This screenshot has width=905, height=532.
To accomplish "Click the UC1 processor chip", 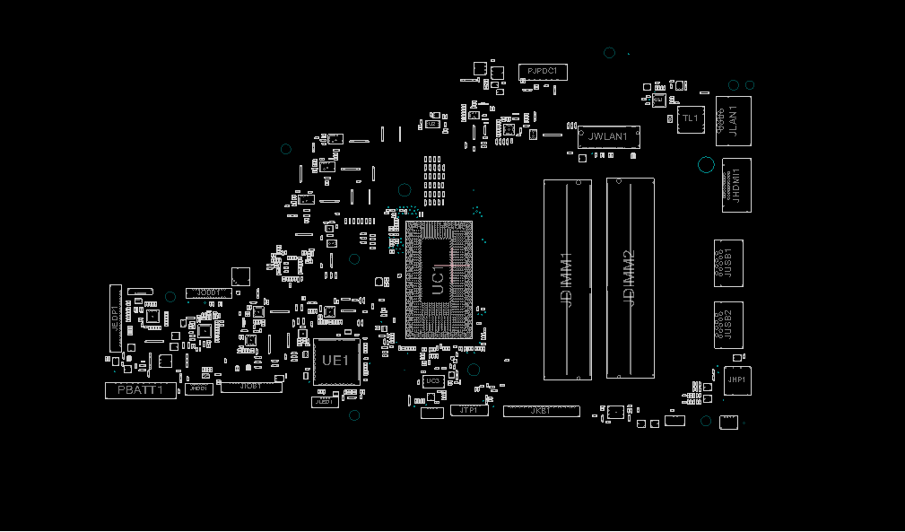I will [439, 280].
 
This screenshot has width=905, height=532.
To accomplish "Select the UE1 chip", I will [335, 362].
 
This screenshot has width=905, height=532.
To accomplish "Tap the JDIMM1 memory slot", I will [567, 279].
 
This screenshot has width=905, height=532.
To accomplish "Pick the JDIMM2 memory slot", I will [630, 279].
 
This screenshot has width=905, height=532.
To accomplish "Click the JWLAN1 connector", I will [608, 137].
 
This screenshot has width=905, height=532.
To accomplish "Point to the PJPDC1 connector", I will [542, 71].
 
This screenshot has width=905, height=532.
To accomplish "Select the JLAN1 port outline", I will [733, 121].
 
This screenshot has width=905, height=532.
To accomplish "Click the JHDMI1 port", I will [736, 186].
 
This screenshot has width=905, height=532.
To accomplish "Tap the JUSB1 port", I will [728, 263].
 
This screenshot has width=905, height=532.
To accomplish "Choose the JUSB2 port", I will [728, 325].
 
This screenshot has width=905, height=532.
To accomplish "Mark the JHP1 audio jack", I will [736, 380].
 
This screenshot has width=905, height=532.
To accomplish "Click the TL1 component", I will [691, 118].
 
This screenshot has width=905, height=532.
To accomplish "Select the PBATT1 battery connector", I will [141, 390].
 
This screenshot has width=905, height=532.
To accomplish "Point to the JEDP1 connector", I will [115, 318].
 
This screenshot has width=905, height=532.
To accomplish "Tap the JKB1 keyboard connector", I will [541, 411].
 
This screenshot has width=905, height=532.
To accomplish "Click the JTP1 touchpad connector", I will [468, 410].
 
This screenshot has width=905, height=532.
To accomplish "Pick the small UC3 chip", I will [432, 381].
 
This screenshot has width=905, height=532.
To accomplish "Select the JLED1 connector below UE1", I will [325, 402].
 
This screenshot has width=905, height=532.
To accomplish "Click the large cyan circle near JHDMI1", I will [706, 165].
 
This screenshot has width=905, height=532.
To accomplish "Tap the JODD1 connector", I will [208, 293].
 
